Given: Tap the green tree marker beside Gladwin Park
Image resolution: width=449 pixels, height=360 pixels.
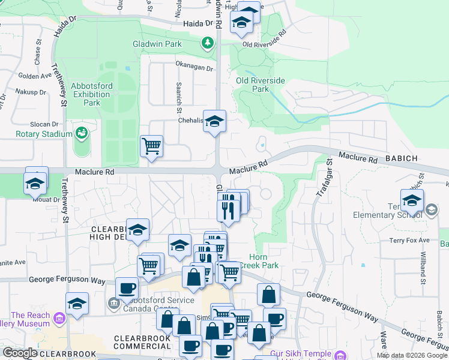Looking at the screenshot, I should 208,43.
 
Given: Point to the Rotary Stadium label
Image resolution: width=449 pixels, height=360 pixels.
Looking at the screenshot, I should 35,134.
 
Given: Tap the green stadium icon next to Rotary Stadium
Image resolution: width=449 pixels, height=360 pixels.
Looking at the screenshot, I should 82,133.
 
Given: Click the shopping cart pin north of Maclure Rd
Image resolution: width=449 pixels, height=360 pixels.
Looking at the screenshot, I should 152,145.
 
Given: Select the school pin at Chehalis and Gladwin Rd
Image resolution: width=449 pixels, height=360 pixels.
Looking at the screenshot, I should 214,122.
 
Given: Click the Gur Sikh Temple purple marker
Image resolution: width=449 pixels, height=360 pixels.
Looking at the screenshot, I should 340,355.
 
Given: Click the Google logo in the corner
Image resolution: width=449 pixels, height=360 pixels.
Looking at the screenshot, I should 21,353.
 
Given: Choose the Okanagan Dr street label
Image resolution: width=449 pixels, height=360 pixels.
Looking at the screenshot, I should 194,67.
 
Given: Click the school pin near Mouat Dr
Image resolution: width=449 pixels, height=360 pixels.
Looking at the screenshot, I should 35,182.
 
